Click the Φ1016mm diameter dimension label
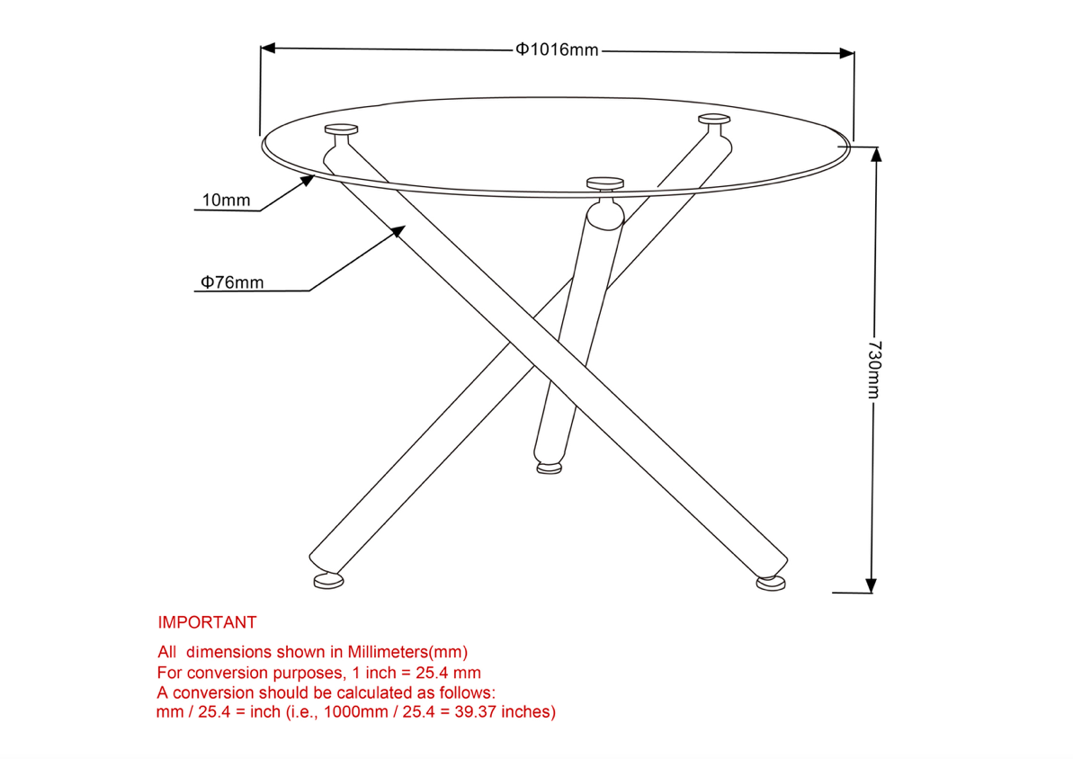pos(557,50)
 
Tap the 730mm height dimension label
pos(874,370)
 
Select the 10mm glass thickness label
pos(226,200)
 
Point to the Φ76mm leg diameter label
pos(232,282)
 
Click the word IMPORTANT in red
pos(207,622)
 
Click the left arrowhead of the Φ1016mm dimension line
pos(267,48)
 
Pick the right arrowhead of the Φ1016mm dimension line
pos(847,53)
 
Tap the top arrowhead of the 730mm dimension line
pos(876,155)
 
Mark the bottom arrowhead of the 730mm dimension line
pos(872,585)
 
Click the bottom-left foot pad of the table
pos(328,581)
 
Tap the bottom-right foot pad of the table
pos(771,584)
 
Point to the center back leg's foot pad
pos(549,469)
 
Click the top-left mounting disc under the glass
pos(342,129)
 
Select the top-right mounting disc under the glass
pos(714,119)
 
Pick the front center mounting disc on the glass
pos(605,183)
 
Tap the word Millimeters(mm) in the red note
pos(407,652)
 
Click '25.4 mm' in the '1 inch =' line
pos(448,673)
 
